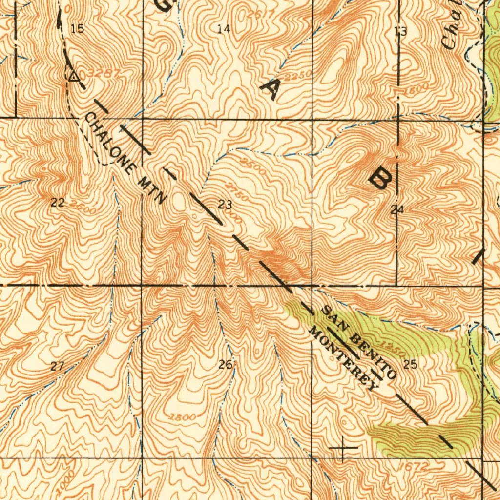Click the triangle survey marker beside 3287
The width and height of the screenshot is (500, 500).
pos(73,76)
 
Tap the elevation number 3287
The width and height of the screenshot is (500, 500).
pos(104,74)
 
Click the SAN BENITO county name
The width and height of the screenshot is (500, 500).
pos(358,342)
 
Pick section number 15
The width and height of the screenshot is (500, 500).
pos(77,29)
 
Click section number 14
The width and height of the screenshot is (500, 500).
pos(224,29)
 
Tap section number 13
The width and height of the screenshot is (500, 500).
pos(400,32)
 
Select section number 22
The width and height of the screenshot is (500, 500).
pos(58,203)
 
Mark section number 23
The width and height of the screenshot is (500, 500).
pos(225,205)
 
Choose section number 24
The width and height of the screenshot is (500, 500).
pos(396,210)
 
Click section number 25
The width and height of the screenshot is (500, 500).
pos(410,364)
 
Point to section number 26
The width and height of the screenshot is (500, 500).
pos(225,364)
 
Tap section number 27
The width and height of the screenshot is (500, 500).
pos(58,366)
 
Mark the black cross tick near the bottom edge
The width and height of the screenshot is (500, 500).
pos(343,447)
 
